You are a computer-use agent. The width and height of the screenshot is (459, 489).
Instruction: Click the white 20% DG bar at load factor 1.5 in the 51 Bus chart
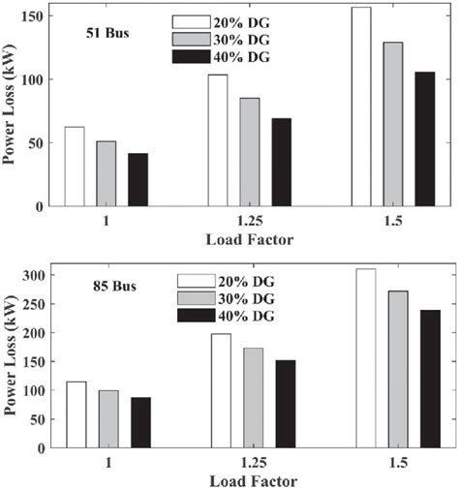(x=360, y=107)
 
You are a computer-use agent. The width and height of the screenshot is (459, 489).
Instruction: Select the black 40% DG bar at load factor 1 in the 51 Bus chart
(x=138, y=180)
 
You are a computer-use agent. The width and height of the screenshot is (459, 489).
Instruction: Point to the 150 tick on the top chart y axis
(x=35, y=16)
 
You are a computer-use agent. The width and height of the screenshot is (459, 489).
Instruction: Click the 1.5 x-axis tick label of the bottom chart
(x=392, y=465)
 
